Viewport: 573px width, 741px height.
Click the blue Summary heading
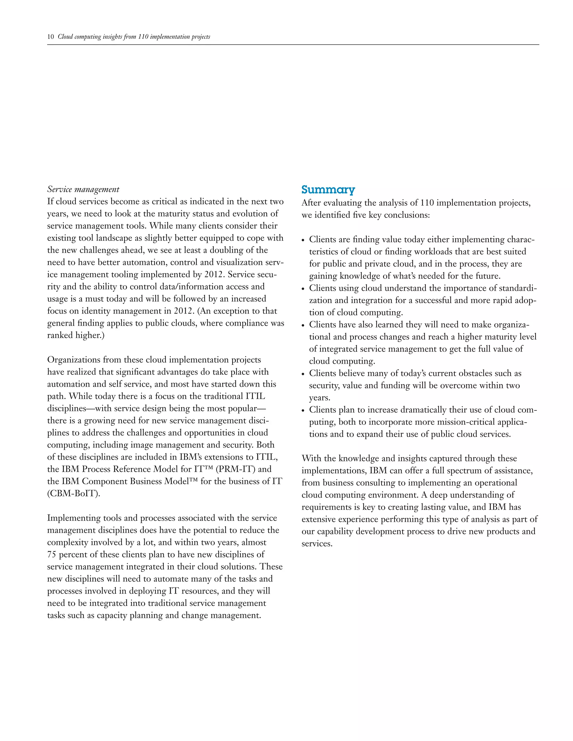point(328,190)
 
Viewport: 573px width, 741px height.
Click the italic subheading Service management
point(83,189)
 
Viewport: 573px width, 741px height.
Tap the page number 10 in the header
point(50,37)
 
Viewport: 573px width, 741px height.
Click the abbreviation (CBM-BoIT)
point(74,494)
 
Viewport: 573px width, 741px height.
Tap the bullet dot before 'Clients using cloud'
point(304,289)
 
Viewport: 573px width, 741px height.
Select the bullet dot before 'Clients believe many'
point(304,374)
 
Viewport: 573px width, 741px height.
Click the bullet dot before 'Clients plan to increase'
point(304,410)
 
